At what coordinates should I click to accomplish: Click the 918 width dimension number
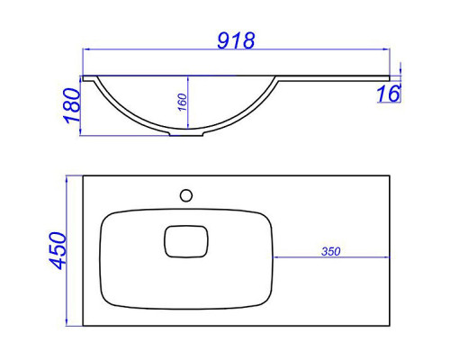coord(236,40)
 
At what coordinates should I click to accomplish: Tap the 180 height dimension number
coord(72,105)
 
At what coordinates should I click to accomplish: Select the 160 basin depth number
coord(182,102)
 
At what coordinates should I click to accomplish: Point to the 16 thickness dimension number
coord(389,94)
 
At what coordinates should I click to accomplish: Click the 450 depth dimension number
coord(58,251)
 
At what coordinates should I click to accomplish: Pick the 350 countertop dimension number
coord(331,251)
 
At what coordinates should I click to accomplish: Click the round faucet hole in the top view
coord(186,195)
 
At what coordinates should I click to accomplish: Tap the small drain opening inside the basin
coord(186,241)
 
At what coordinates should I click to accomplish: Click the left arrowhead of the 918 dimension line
coord(85,49)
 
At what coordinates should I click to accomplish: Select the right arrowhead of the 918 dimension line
coord(386,49)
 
